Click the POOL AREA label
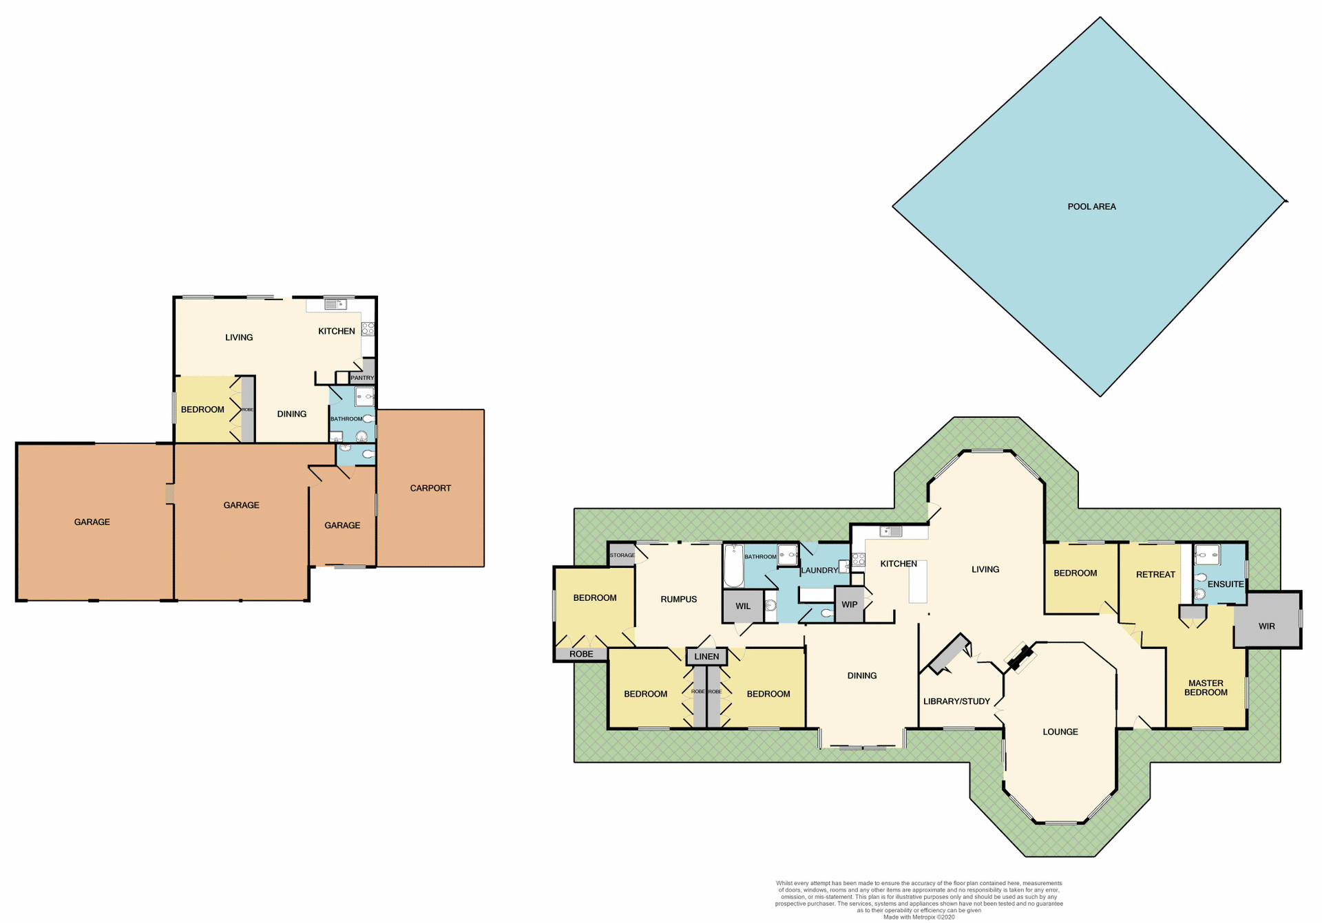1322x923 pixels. coord(1091,206)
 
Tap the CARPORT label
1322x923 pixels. coord(430,488)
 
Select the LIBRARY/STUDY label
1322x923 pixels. coord(956,701)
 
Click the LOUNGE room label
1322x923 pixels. coord(1060,732)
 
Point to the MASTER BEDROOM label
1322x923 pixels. coord(1206,688)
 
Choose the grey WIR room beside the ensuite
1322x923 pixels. coord(1266,626)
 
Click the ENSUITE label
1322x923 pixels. coord(1226,584)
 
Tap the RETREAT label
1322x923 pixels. coord(1155,574)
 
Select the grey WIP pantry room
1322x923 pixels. coord(849,604)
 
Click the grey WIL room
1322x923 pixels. coord(743,606)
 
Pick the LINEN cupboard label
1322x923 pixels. coord(706,657)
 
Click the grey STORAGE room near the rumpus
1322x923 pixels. coord(622,555)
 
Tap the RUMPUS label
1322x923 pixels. coord(678,599)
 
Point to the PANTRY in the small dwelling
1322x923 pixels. coord(362,377)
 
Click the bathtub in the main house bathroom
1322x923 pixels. coord(733,566)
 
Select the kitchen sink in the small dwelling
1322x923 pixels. coord(335,304)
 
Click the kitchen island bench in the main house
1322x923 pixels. coord(918,581)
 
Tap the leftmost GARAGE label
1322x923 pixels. coord(92,522)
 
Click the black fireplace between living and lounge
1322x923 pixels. coord(1019,657)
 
